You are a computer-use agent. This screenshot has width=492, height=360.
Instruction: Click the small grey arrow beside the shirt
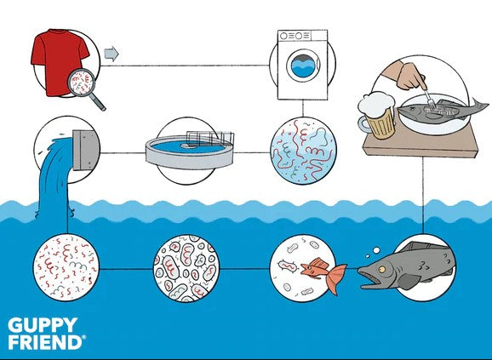112,54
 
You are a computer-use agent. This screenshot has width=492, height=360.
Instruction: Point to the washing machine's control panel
302,36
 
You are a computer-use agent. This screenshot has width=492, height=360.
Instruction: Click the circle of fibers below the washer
303,151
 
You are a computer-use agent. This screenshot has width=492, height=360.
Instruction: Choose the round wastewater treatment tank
190,151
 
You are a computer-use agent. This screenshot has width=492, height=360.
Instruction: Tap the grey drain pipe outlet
85,151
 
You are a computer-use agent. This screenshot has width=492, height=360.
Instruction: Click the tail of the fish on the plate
479,104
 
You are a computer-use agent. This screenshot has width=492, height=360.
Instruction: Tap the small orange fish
323,273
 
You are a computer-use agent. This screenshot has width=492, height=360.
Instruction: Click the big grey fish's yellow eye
381,269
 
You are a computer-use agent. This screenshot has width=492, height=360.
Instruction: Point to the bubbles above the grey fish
374,252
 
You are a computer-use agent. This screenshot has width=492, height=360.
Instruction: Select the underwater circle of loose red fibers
66,268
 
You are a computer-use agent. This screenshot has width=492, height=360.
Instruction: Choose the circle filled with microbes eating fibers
186,268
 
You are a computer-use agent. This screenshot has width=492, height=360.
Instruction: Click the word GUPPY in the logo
43,325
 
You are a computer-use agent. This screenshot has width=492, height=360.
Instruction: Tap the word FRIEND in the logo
45,342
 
